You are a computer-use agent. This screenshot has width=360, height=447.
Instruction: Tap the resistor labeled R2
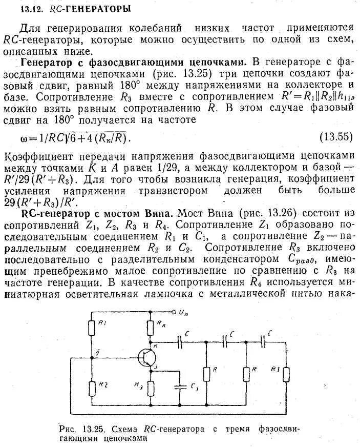(x=92, y=388)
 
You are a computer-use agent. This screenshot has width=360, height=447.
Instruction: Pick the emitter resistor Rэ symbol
(x=150, y=389)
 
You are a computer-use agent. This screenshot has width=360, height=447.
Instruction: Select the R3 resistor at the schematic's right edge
(x=286, y=374)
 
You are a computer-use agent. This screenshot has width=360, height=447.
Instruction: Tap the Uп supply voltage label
(x=185, y=311)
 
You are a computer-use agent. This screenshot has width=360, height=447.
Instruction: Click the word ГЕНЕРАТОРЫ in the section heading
(x=100, y=9)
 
